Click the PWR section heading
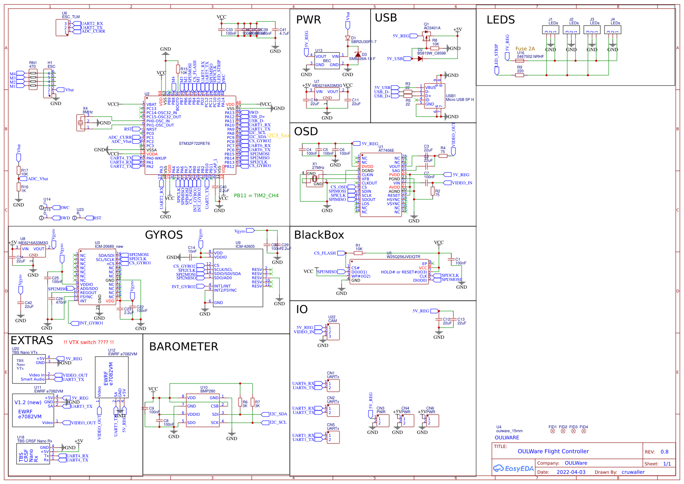pyautogui.click(x=308, y=20)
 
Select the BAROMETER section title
pyautogui.click(x=183, y=347)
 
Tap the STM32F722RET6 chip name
pyautogui.click(x=194, y=144)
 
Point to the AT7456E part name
pyautogui.click(x=386, y=151)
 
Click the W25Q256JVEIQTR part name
pyautogui.click(x=403, y=256)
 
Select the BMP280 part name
pyautogui.click(x=207, y=391)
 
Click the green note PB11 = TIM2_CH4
pyautogui.click(x=256, y=196)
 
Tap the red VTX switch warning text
pyautogui.click(x=89, y=343)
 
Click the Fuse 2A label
pyautogui.click(x=525, y=49)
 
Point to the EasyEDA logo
pyautogui.click(x=513, y=468)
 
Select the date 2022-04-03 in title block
pyautogui.click(x=571, y=472)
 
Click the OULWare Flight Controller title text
pyautogui.click(x=553, y=451)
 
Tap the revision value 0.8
pyautogui.click(x=664, y=452)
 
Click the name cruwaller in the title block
pyautogui.click(x=633, y=472)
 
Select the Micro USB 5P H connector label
pyautogui.click(x=460, y=100)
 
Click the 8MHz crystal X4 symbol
pyautogui.click(x=81, y=122)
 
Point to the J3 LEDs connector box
pyautogui.click(x=592, y=30)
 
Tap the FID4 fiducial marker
pyautogui.click(x=583, y=431)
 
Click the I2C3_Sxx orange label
pyautogui.click(x=278, y=136)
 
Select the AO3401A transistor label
pyautogui.click(x=432, y=28)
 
